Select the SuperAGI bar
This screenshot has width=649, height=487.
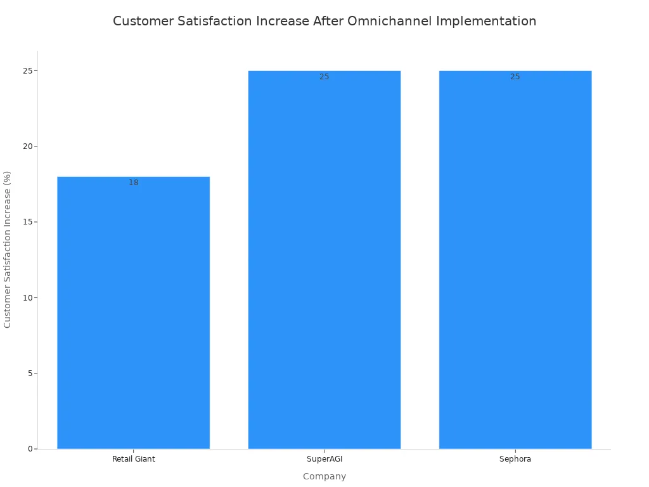(x=324, y=260)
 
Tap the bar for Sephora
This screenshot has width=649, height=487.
(x=515, y=260)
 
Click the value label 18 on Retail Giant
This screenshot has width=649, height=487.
(x=133, y=183)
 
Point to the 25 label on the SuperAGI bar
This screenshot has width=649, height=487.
(x=324, y=77)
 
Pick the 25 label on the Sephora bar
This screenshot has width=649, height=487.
(x=515, y=77)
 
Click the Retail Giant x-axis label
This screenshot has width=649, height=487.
(x=133, y=459)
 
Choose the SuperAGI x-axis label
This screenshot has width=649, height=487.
(x=324, y=459)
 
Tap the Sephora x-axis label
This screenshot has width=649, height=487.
(x=515, y=459)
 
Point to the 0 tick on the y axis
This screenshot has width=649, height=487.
(x=30, y=449)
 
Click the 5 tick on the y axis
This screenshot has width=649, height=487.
(x=30, y=373)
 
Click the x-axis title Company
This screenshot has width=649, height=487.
(x=324, y=476)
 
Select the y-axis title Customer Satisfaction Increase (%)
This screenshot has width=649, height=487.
(x=8, y=249)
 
